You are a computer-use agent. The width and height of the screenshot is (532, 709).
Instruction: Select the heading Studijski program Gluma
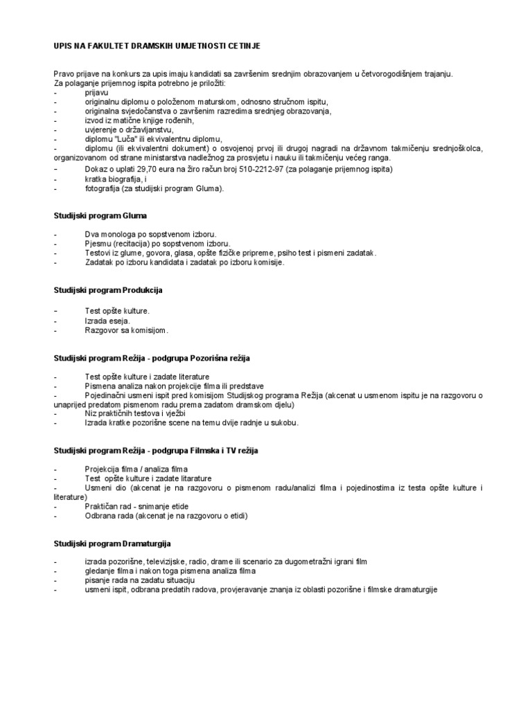click(100, 216)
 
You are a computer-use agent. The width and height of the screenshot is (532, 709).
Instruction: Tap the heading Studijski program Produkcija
click(108, 289)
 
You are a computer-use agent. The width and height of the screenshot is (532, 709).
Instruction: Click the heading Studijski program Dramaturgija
click(112, 544)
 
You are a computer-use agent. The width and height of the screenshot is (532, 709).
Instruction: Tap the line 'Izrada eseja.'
click(107, 321)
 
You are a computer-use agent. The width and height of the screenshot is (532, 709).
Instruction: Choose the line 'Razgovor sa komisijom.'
click(127, 330)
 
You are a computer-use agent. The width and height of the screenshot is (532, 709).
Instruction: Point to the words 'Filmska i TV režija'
click(220, 451)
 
